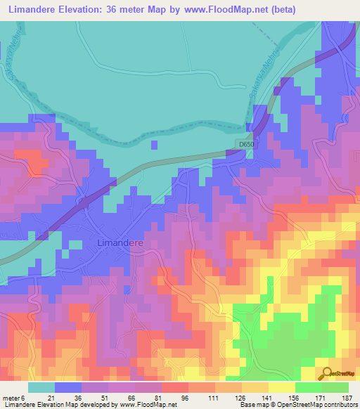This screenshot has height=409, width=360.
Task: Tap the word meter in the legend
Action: [x=12, y=397]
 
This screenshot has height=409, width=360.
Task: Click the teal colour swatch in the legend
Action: [x=41, y=387]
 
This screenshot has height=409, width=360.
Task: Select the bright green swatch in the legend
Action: [x=309, y=387]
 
